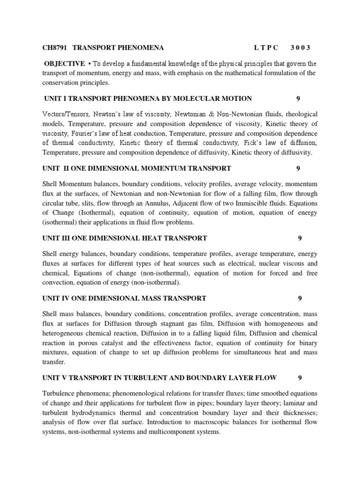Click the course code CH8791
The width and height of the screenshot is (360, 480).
click(53, 47)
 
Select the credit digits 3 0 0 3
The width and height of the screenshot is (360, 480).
click(300, 47)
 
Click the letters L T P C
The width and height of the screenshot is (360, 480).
click(266, 47)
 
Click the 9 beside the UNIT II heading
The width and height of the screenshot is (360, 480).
click(298, 168)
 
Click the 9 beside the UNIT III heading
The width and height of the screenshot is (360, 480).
click(300, 238)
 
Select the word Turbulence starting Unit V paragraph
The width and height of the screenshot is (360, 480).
click(60, 393)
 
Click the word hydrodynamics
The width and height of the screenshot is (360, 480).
click(100, 412)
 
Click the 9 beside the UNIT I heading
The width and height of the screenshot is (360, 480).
click(298, 98)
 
